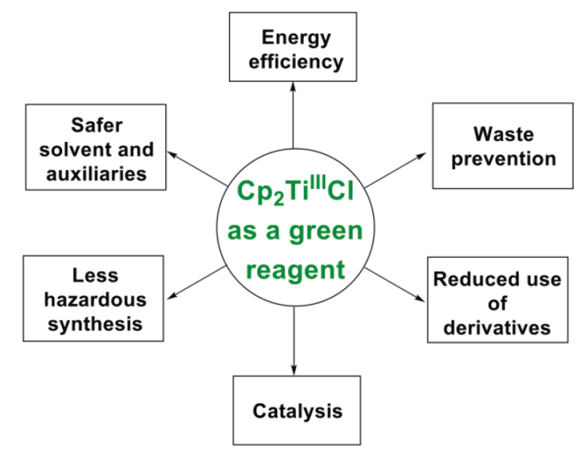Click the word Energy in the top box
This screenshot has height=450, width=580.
tap(297, 36)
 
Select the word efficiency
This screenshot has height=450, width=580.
tap(297, 61)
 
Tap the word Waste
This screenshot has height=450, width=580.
tap(504, 133)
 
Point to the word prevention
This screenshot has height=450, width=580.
tap(504, 158)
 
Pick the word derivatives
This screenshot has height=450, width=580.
tap(497, 328)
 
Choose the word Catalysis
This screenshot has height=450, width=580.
tap(297, 411)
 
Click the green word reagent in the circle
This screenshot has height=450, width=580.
tap(295, 270)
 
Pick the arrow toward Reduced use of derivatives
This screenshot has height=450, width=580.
tap(396, 285)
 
